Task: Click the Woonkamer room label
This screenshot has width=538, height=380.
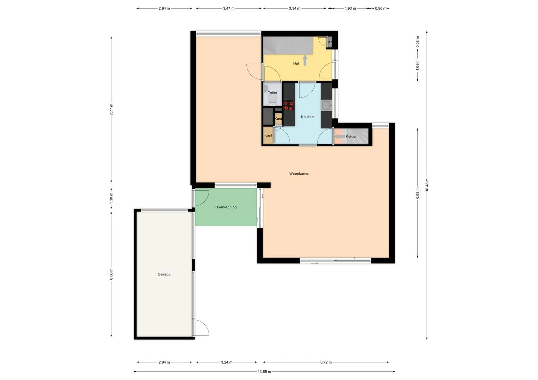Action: click(299, 174)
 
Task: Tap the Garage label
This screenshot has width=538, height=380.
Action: click(164, 274)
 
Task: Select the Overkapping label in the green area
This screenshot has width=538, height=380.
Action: click(226, 207)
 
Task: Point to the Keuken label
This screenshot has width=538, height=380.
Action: click(307, 117)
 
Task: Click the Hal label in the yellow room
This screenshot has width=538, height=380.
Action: click(296, 63)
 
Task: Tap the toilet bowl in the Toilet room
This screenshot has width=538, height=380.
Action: click(272, 99)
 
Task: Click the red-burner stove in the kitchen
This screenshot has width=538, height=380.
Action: click(289, 105)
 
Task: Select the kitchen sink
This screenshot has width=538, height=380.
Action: click(327, 105)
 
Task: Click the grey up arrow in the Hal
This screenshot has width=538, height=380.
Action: click(305, 60)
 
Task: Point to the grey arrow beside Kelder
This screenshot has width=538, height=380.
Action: click(340, 137)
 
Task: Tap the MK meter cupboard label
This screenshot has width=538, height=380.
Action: click(330, 42)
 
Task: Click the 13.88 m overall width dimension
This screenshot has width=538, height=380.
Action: click(264, 372)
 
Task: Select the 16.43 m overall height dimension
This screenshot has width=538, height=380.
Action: click(427, 185)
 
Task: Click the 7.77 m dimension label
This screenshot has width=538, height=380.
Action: click(111, 109)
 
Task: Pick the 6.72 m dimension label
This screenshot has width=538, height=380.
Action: click(326, 362)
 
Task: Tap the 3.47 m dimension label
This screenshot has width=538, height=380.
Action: click(229, 8)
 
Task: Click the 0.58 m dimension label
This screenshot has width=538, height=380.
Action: click(417, 42)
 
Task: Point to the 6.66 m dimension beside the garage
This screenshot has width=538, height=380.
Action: click(111, 274)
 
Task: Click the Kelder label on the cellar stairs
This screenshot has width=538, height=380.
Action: click(351, 137)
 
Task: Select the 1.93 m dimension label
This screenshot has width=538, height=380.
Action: click(350, 8)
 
